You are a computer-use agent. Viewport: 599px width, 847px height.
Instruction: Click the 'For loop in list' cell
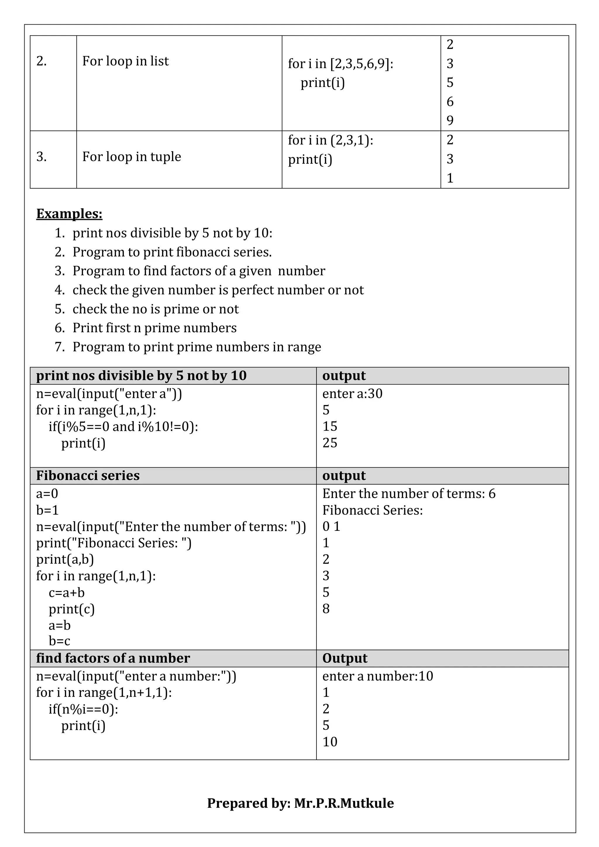coord(125,61)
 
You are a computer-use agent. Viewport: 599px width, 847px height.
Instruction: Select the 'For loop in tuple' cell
coord(132,157)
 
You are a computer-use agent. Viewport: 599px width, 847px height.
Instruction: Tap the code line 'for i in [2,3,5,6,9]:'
coord(340,64)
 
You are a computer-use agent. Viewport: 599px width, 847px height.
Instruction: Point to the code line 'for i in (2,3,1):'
coord(331,140)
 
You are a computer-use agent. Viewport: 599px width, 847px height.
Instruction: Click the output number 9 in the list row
coord(450,120)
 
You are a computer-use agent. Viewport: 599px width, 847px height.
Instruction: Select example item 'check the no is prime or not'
coord(155,309)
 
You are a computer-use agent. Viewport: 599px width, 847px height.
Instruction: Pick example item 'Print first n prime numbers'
coord(154,328)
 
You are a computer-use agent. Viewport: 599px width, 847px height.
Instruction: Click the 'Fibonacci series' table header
coord(88,476)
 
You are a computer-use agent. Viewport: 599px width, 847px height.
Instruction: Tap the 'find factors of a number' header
coord(113,658)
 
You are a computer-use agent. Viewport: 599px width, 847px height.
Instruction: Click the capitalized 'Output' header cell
coord(345,658)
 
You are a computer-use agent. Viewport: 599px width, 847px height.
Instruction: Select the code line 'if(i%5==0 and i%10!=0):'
coord(123,427)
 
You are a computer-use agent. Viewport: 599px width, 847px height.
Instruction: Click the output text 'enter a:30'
coord(352,394)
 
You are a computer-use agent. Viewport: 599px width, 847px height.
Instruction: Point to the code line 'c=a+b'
coord(67,593)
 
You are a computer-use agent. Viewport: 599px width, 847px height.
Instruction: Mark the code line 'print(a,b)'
coord(65,559)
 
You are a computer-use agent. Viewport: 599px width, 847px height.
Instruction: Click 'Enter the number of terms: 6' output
coord(409,494)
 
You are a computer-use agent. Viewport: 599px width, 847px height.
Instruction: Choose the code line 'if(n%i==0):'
coord(83,709)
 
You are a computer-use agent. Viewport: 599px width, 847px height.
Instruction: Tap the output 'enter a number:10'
coord(378,676)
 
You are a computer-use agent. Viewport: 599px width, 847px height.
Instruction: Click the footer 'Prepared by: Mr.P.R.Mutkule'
coord(300,803)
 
